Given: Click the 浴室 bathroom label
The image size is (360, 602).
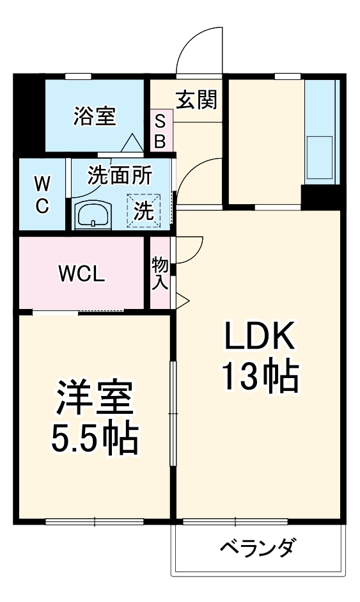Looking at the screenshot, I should pos(94,116).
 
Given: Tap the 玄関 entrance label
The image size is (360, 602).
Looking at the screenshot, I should pos(196,99).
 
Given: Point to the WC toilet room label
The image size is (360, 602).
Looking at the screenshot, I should pos(42,195).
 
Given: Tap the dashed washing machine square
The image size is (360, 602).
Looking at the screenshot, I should pos(144,210).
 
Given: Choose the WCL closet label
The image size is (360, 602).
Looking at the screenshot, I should pos(81,274).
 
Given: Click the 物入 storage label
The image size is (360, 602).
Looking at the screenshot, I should pos(160,273).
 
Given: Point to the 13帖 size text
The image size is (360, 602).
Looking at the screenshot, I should pos(259,377).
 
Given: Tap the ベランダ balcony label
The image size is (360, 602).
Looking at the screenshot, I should pos(258,549).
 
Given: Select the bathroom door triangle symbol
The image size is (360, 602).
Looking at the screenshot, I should pos(132,142).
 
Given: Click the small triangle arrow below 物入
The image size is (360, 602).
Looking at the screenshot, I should pos(182,298).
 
